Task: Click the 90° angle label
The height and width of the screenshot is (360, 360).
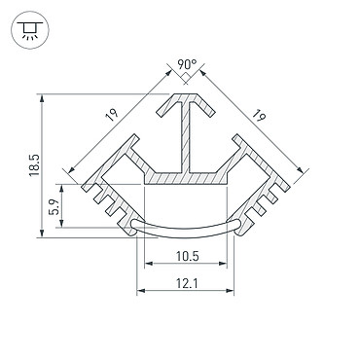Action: (187, 64)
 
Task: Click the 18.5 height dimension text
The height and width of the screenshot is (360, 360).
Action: (34, 165)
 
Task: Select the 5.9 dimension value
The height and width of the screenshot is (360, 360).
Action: (54, 206)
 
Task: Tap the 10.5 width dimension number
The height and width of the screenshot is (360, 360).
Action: (187, 256)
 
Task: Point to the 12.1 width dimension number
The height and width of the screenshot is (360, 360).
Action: (187, 284)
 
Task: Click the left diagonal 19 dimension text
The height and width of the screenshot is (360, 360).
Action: (112, 115)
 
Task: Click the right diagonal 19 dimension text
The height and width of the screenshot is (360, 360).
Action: (260, 116)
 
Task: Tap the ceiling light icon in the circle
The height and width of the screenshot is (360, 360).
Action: (30, 30)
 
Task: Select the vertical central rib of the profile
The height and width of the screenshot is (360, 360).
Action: (186, 138)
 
